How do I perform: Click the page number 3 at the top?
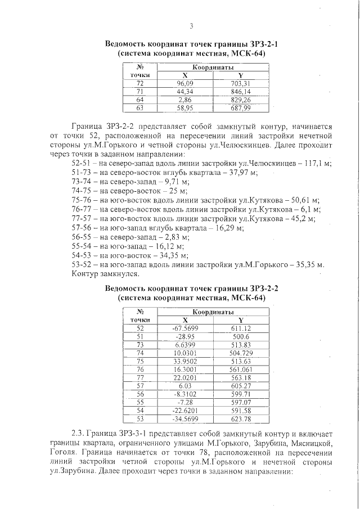coord(191,26)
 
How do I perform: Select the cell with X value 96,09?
coord(185,83)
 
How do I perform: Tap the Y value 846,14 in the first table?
coord(240,91)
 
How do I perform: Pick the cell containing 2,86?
coord(185,99)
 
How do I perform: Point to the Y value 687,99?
coord(240,107)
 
